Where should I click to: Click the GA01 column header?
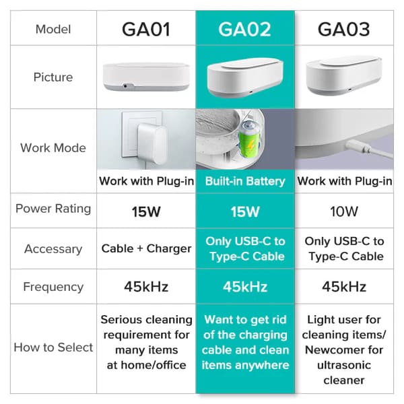click(x=145, y=30)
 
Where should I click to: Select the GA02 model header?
click(x=244, y=30)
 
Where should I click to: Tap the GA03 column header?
click(x=343, y=30)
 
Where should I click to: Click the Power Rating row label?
click(x=53, y=208)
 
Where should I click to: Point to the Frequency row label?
click(x=53, y=286)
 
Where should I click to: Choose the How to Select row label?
click(x=53, y=347)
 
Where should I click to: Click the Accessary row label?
click(x=53, y=248)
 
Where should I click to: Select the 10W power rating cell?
click(x=343, y=211)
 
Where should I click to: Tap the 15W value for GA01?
click(x=145, y=211)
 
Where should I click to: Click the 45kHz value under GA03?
click(x=343, y=287)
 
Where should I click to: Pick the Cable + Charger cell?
click(x=145, y=248)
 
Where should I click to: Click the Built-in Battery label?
click(x=244, y=181)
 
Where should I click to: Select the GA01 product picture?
click(x=145, y=76)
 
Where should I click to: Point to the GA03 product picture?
click(x=343, y=74)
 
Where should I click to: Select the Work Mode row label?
click(x=53, y=147)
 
